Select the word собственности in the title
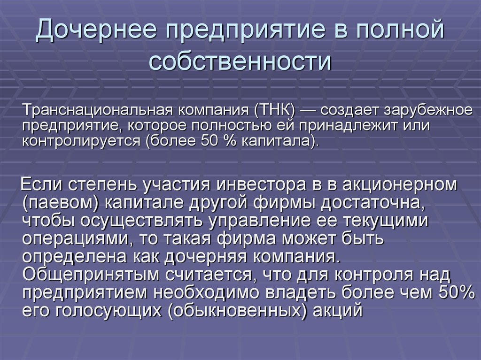click(x=240, y=61)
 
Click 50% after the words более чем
click(x=457, y=292)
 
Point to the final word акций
click(x=338, y=311)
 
